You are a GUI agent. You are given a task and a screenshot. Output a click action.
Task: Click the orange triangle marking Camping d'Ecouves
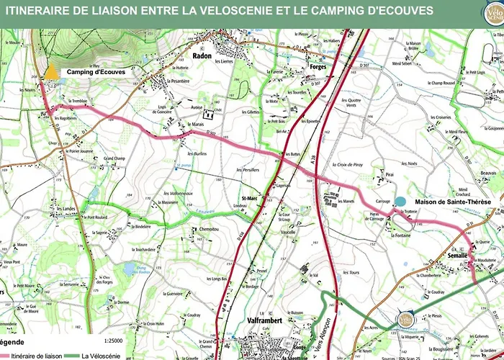point(52,72)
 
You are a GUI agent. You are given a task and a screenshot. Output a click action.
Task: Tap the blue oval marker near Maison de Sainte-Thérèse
point(400,202)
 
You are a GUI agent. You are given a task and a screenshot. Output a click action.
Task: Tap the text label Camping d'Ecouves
point(96,72)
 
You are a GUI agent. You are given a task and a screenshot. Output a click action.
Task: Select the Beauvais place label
point(489,174)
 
